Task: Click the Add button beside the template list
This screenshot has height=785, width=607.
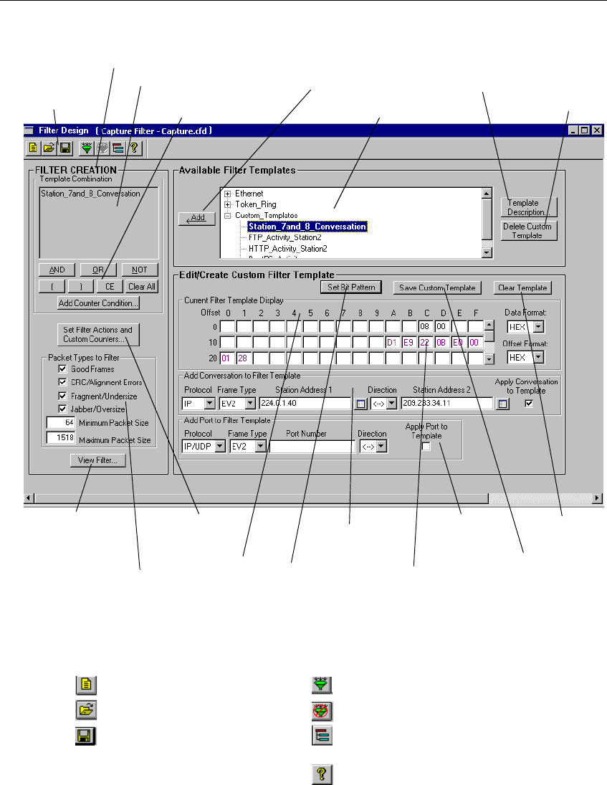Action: (196, 219)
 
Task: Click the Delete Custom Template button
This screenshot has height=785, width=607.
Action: (528, 231)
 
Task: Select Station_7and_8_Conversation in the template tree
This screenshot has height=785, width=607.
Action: (307, 227)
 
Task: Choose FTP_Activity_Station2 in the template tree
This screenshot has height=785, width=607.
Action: (285, 237)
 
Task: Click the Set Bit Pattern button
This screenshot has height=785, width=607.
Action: (351, 287)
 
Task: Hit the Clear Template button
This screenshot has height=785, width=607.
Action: (522, 287)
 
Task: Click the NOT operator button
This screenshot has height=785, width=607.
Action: (139, 270)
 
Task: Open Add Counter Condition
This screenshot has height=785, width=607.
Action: (98, 303)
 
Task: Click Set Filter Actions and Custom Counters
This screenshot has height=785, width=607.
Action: (97, 334)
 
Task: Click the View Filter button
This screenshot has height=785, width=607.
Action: (97, 461)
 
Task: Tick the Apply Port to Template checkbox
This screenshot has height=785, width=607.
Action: (426, 447)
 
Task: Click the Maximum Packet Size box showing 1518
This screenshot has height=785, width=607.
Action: (57, 437)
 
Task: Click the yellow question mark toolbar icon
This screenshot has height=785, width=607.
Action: (133, 148)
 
